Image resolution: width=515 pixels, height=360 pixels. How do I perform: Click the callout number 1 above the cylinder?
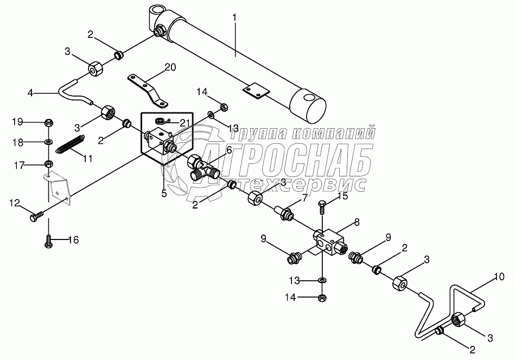pos(234,18)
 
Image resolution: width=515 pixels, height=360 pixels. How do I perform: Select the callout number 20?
pos(170,67)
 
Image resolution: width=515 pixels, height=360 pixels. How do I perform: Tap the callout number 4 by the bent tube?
pos(31,93)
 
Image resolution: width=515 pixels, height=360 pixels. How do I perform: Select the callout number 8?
pos(356,221)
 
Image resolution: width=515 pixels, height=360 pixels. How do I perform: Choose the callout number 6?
pos(229,150)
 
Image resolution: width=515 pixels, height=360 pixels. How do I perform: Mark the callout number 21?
pos(186,123)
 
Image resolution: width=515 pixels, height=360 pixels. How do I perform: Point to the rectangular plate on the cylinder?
pos(255,91)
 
